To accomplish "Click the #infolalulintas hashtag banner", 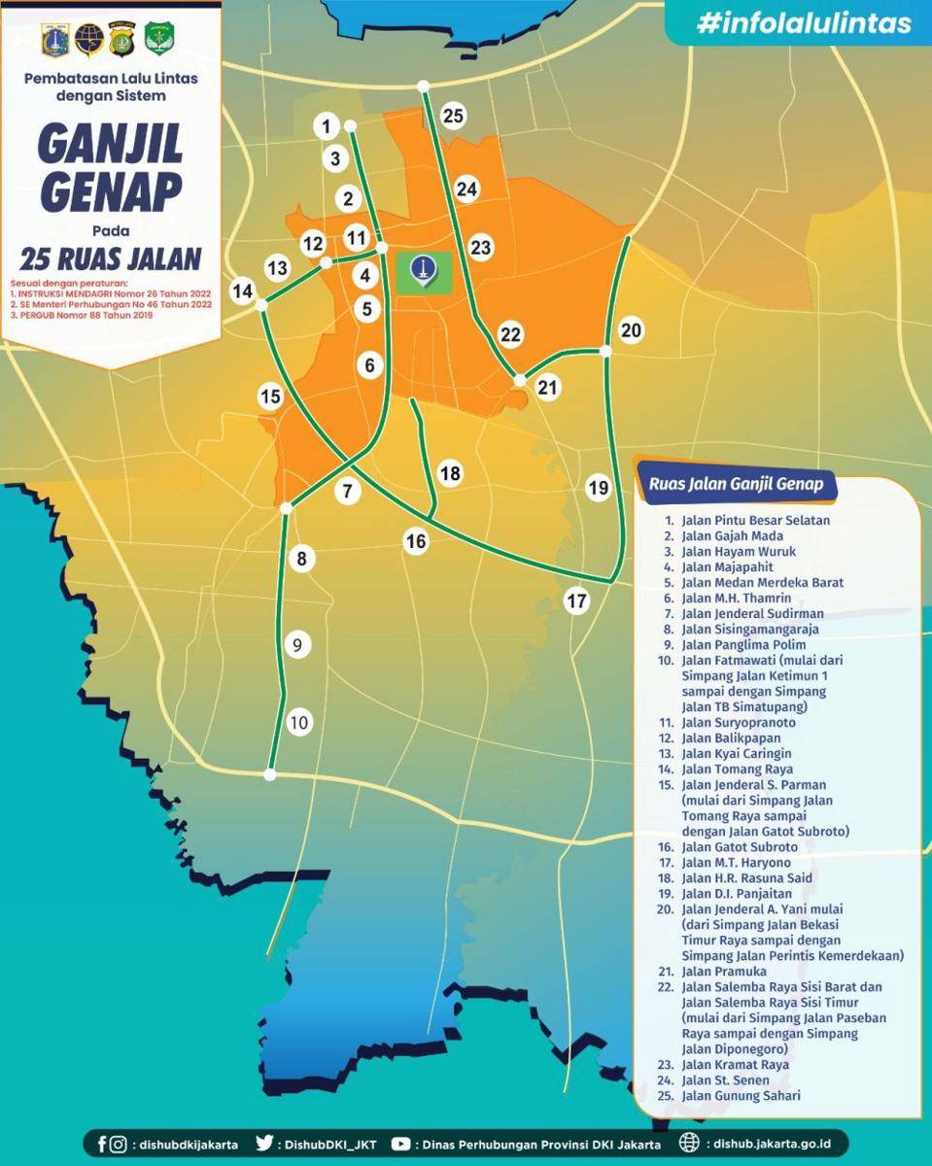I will tap(803, 23).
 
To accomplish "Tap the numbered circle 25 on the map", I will tap(453, 116).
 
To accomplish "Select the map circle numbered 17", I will tap(577, 600).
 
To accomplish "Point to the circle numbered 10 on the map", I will tap(298, 722).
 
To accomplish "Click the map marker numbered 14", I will tap(242, 291).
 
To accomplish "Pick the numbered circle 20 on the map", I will tap(631, 330).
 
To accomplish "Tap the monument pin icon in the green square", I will tap(424, 270).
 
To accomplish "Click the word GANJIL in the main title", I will tap(110, 145).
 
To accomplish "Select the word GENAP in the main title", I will tap(110, 192).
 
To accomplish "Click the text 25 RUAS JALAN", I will tap(110, 258).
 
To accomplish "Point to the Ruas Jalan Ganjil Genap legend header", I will tap(730, 484).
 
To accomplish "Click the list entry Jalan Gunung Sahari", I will tap(741, 1096).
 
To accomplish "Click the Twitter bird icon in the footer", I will tap(264, 1144).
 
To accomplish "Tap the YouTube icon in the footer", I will tap(400, 1144).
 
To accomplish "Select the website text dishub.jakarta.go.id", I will tap(767, 1144).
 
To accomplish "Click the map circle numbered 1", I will tap(327, 125).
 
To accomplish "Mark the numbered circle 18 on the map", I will tap(450, 473).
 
